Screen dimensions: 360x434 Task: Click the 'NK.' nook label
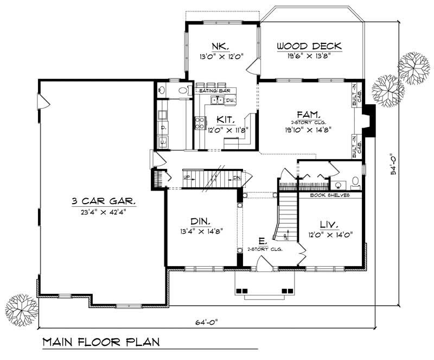[221, 46]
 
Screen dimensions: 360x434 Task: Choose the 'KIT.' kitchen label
[226, 119]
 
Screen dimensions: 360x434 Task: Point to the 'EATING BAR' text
[212, 90]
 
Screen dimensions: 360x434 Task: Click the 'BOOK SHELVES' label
[329, 194]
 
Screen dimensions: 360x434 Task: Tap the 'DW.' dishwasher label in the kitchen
[230, 100]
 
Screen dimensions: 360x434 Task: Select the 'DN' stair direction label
[237, 178]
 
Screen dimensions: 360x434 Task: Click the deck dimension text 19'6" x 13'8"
[304, 55]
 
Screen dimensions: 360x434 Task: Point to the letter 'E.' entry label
[262, 241]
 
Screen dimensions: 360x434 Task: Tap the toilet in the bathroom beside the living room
[355, 181]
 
